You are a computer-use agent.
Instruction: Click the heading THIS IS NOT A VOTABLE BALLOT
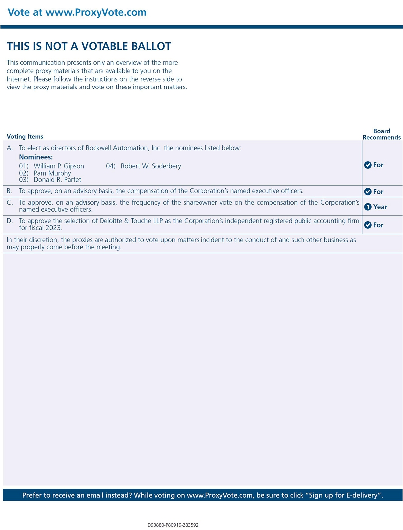click(x=89, y=46)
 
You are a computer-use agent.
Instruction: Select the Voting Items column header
click(x=25, y=137)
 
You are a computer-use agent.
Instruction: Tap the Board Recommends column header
click(x=381, y=134)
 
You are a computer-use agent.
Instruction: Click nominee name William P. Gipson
click(x=59, y=166)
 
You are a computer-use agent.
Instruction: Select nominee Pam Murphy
click(x=52, y=173)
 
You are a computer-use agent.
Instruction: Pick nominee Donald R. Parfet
click(x=57, y=180)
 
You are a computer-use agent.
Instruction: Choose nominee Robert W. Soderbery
click(x=151, y=166)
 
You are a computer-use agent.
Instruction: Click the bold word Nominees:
click(x=36, y=157)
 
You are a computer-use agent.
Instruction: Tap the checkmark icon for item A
click(x=368, y=165)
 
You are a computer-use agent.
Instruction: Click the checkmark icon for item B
click(x=368, y=192)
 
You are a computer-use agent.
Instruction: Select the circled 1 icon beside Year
click(x=368, y=207)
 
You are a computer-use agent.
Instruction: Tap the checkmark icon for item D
click(x=368, y=225)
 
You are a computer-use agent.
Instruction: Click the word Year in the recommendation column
click(x=380, y=207)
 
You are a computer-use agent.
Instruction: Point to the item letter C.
click(x=10, y=203)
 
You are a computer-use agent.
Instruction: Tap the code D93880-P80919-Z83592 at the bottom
click(x=173, y=525)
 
